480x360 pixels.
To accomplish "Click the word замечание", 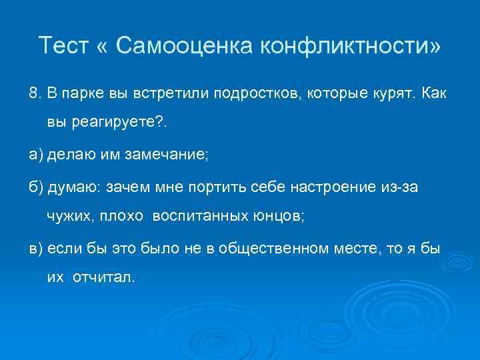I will click(168, 155).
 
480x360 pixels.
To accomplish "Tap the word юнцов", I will click(272, 216).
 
